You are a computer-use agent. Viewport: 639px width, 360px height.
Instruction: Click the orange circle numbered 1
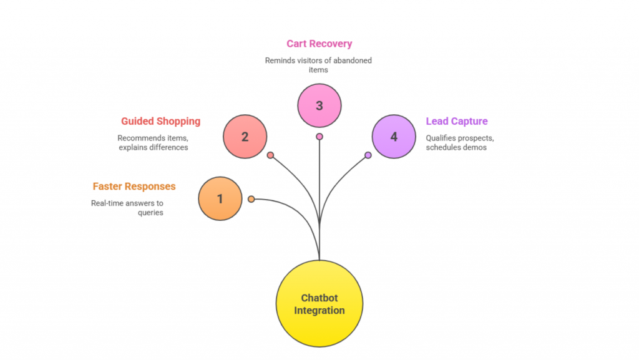(x=220, y=199)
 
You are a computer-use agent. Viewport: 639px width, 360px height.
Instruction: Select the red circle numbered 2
(x=245, y=137)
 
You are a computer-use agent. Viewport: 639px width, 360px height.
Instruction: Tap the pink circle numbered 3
(x=319, y=105)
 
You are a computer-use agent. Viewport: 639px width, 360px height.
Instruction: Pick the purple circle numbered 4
(x=394, y=137)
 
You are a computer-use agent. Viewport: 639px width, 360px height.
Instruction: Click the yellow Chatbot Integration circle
(x=319, y=304)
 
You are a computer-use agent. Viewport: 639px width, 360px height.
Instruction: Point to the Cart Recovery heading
(x=319, y=44)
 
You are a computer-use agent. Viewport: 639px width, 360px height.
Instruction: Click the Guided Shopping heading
(x=160, y=121)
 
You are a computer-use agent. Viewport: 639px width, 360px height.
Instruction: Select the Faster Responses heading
(x=134, y=187)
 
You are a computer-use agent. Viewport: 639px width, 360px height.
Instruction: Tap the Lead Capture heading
(x=457, y=121)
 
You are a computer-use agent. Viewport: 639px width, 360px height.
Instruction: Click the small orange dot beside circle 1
(x=251, y=199)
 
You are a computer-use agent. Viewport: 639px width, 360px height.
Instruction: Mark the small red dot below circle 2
(x=270, y=155)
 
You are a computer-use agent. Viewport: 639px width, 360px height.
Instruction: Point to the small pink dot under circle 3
(x=319, y=137)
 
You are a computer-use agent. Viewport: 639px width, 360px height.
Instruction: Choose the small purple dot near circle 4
(x=368, y=155)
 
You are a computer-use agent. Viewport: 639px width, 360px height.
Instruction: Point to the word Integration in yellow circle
(x=319, y=310)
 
